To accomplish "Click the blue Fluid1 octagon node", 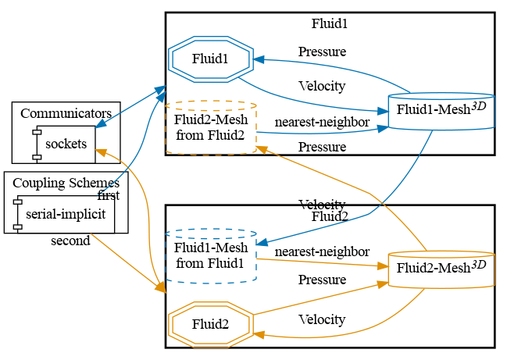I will click(x=210, y=59).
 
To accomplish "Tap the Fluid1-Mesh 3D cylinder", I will click(x=441, y=109).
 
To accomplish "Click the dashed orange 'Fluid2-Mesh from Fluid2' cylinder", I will click(x=210, y=127).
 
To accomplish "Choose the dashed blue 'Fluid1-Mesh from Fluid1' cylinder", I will click(x=210, y=256).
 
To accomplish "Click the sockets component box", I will click(x=66, y=144).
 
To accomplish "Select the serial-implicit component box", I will click(x=66, y=214).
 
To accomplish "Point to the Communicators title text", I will click(x=66, y=113).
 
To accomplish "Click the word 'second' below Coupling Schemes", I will click(x=70, y=241).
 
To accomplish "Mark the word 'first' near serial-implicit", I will click(x=108, y=195).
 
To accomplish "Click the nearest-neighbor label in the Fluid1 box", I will click(x=322, y=123).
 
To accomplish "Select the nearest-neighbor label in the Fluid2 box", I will click(x=322, y=251).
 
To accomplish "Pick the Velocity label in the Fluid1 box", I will click(x=322, y=85).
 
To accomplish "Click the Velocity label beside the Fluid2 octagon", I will click(x=322, y=319).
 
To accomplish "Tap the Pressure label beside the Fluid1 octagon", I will click(x=322, y=52).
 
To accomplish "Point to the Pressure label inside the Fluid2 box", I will click(x=322, y=280).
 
